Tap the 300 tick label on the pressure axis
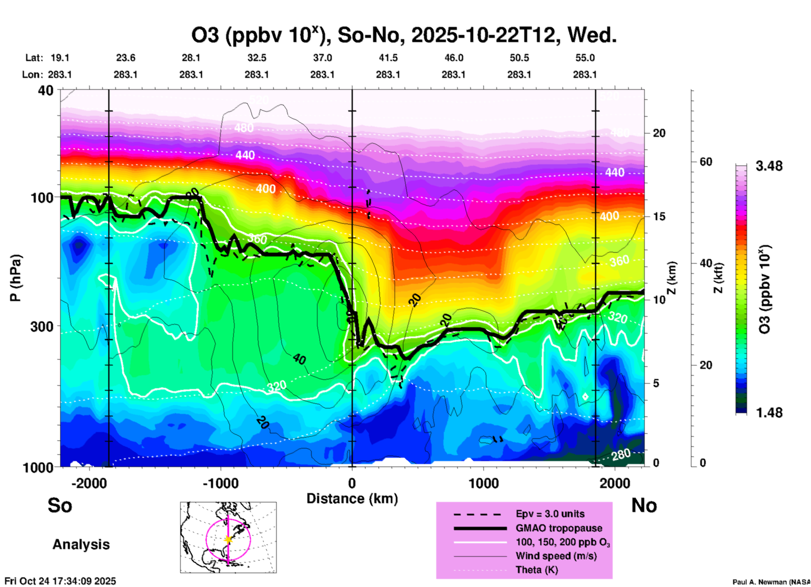(x=42, y=326)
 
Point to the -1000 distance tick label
(x=220, y=483)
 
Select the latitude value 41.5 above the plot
(x=388, y=58)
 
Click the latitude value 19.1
(x=60, y=58)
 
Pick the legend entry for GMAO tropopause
(x=559, y=528)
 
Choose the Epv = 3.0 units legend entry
(x=550, y=514)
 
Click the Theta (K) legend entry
(x=536, y=570)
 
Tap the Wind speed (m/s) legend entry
(x=556, y=556)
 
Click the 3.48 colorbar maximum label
(x=769, y=166)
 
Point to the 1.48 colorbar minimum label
(x=769, y=413)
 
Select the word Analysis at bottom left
(x=81, y=544)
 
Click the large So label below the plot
(x=60, y=505)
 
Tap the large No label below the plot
(x=644, y=505)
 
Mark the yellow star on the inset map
(x=228, y=539)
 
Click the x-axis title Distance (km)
(x=352, y=499)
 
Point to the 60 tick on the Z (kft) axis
(x=706, y=162)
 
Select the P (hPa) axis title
(x=16, y=278)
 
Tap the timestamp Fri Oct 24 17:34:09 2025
(x=60, y=581)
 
